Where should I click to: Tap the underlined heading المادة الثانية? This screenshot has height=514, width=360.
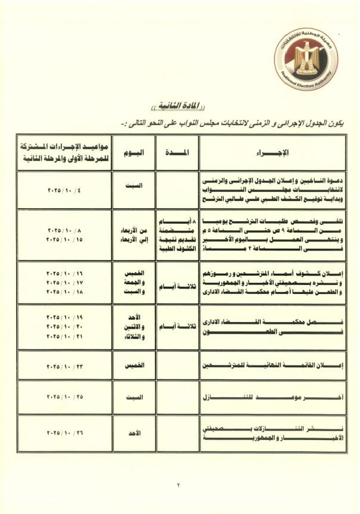(180, 107)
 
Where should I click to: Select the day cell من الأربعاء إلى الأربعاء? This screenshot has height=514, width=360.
(133, 234)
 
